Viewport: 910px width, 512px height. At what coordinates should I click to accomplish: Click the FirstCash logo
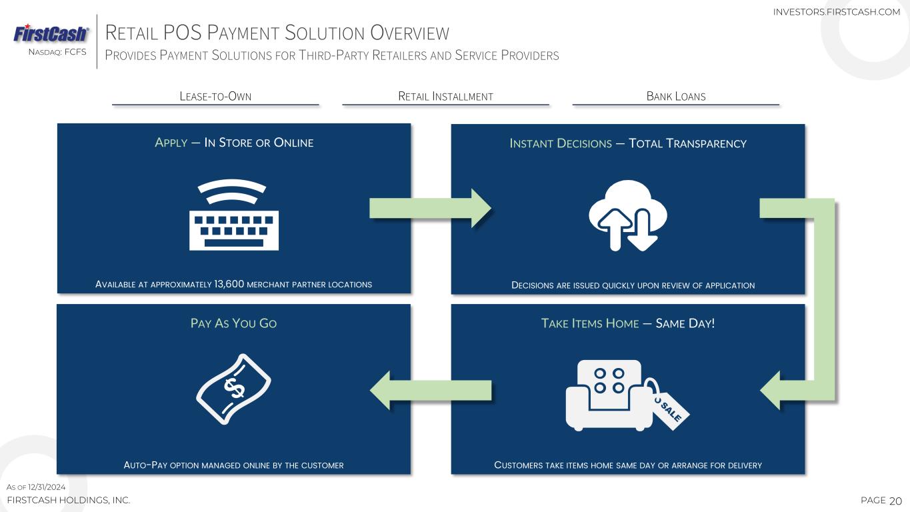coord(51,33)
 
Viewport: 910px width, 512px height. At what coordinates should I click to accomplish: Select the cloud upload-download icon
coord(628,215)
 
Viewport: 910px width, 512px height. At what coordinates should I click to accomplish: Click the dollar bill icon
coord(233,388)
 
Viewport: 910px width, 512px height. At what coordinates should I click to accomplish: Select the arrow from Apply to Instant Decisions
coord(430,208)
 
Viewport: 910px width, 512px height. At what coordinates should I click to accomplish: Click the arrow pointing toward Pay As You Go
coord(430,390)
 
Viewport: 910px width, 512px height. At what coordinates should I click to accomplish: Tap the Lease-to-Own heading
coord(215,97)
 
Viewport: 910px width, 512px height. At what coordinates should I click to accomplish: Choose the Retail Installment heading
coord(445,97)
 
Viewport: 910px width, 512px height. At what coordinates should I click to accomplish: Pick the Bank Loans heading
coord(676,97)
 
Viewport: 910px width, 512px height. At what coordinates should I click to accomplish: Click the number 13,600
coord(229,284)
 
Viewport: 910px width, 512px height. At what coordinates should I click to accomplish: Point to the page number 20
coord(895,501)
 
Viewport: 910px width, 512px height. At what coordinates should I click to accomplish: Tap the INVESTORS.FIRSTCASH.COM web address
coord(836,12)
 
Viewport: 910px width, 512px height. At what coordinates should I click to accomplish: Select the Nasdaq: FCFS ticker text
coord(57,52)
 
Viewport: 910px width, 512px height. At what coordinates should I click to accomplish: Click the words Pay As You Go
coord(233,323)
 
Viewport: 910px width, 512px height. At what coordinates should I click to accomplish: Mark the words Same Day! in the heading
coord(685,323)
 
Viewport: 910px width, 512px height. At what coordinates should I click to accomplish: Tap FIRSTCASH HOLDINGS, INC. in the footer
coord(68,500)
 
